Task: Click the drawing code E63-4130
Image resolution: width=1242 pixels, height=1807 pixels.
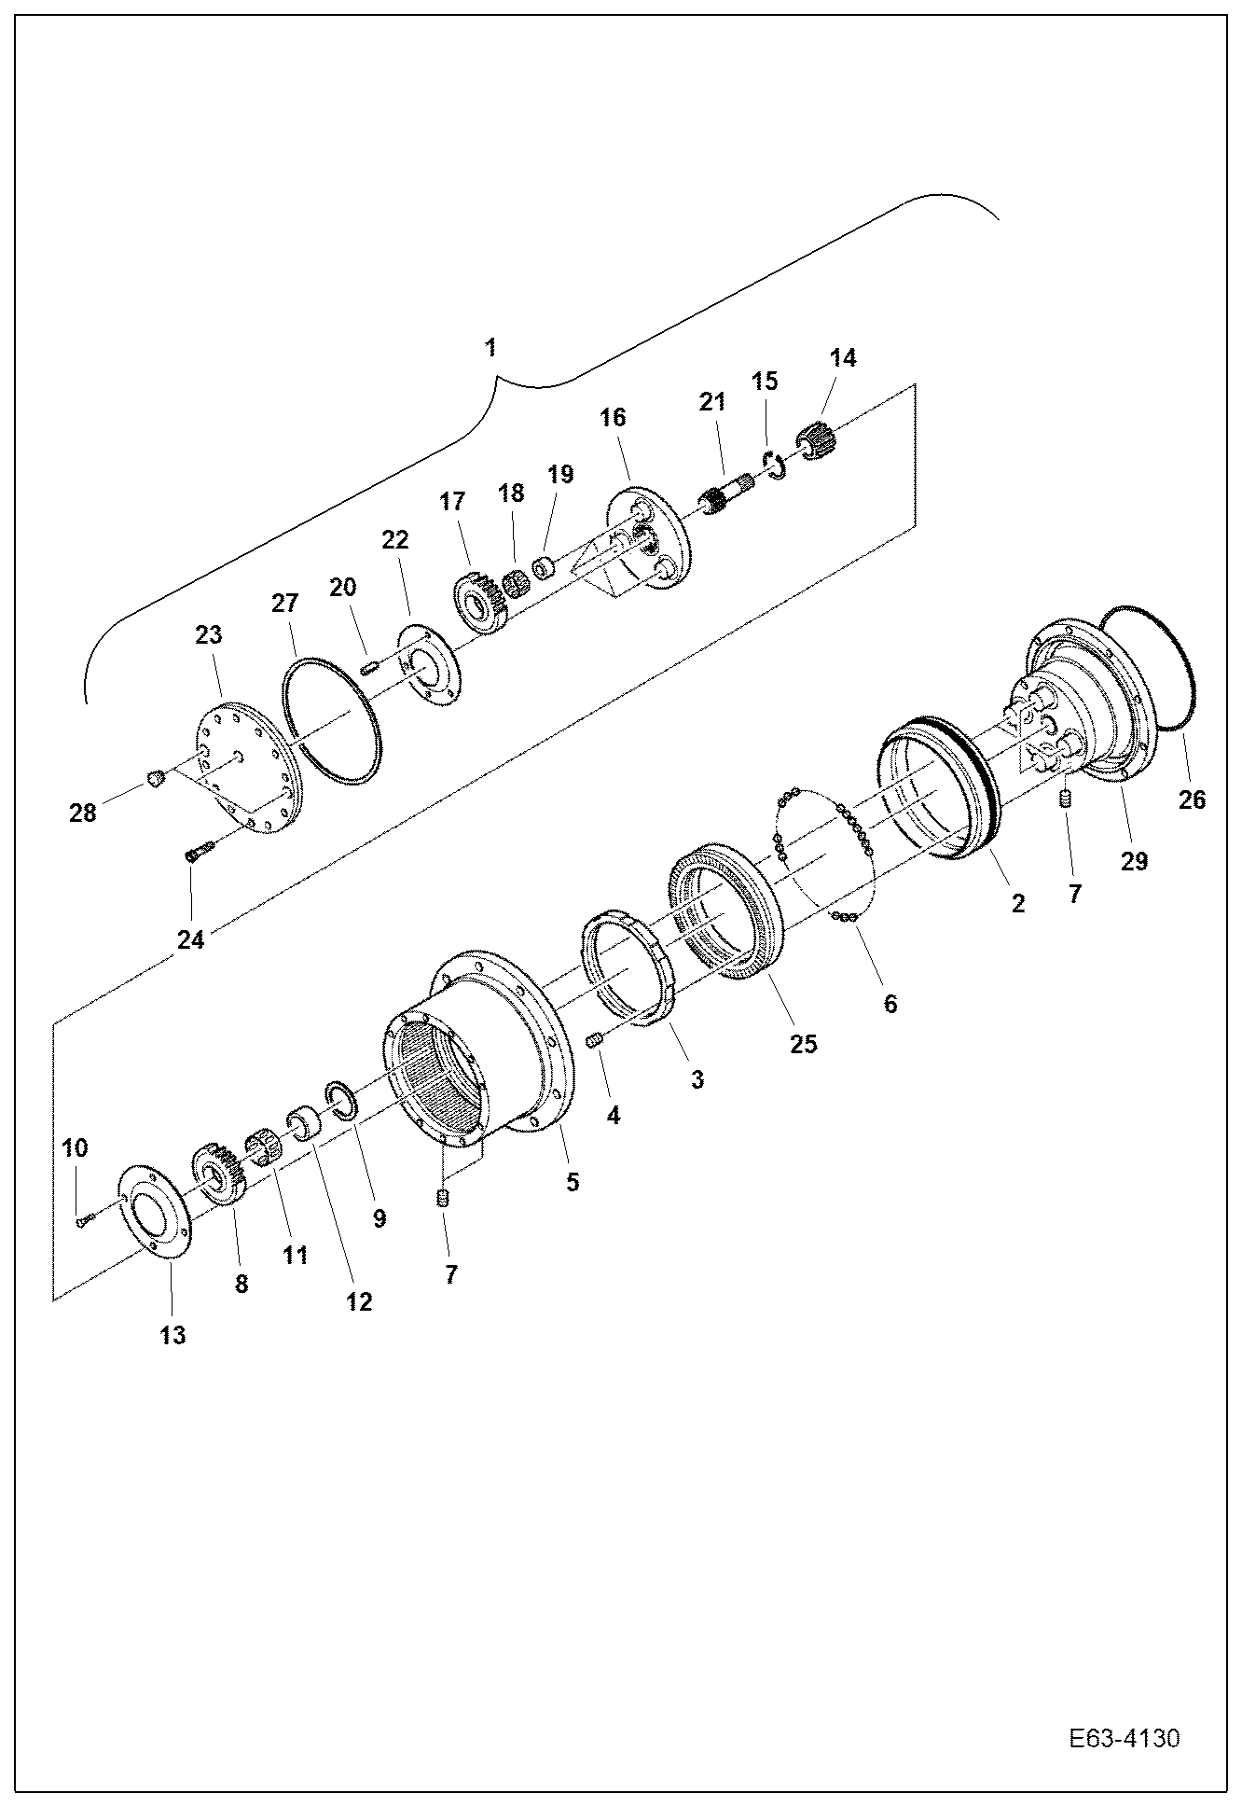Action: tap(1124, 1740)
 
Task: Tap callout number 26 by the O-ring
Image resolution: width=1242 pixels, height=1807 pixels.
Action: tap(1192, 799)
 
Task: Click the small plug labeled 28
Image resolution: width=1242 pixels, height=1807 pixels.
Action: tap(157, 777)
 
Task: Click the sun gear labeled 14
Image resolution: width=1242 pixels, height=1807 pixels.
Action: tap(817, 438)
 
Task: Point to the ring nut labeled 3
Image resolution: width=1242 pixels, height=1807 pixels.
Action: tap(628, 969)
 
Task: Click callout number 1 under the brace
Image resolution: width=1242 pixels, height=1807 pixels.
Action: tap(490, 348)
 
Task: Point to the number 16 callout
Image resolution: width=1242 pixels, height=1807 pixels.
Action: tap(613, 417)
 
